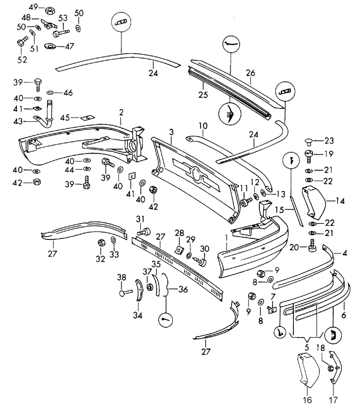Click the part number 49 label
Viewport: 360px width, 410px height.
33,7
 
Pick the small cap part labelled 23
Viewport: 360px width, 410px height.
309,141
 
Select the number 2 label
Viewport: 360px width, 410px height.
120,113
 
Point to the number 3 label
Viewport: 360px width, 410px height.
171,132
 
